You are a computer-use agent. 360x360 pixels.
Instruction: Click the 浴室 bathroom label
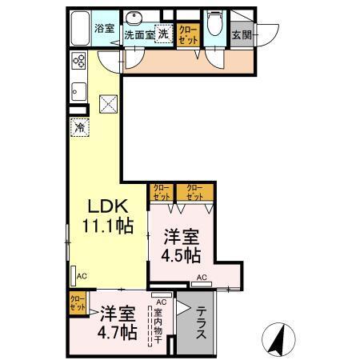(x=105, y=28)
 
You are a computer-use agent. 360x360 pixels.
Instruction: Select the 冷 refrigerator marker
(x=79, y=126)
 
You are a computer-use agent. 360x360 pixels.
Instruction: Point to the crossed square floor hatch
(x=107, y=103)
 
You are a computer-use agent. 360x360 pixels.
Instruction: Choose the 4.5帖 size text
(x=182, y=257)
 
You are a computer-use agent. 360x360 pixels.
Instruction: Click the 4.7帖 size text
(x=117, y=330)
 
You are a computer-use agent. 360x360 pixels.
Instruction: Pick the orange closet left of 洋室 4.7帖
(x=78, y=305)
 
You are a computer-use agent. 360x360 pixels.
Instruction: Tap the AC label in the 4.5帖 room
(x=202, y=278)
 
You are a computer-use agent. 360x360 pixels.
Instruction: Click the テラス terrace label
(x=202, y=325)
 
